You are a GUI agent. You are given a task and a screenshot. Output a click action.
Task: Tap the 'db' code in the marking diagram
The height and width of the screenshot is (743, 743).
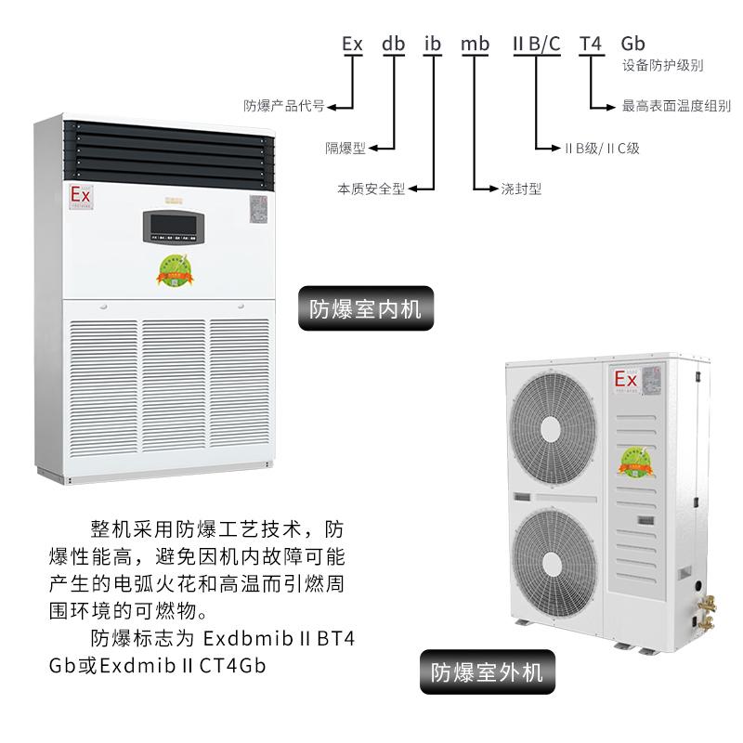[x=394, y=43]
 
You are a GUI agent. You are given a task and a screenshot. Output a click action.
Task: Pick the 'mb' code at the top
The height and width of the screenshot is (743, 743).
[x=475, y=43]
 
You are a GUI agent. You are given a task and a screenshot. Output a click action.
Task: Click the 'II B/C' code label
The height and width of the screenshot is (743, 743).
[x=537, y=43]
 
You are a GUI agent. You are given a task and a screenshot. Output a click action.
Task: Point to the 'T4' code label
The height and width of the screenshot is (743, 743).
[x=592, y=43]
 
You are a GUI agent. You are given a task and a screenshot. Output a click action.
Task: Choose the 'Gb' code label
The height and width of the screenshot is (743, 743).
[x=632, y=43]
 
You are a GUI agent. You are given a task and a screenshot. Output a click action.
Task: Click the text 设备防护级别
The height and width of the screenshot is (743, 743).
[x=661, y=66]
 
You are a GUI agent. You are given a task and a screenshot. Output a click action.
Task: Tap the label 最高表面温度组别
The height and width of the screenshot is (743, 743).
[x=676, y=107]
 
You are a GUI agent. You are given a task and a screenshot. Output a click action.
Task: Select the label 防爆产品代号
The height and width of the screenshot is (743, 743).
[x=283, y=106]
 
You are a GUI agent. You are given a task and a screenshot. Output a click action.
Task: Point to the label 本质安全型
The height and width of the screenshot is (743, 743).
[x=371, y=188]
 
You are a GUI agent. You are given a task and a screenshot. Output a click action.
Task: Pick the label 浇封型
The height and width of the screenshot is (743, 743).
[x=522, y=188]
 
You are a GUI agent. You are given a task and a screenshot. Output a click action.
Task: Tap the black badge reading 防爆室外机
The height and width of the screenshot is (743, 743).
[x=480, y=670]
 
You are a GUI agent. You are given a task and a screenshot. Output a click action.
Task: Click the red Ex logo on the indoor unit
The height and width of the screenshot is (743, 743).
[x=81, y=195]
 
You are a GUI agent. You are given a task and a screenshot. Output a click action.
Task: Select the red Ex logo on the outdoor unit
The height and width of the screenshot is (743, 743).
[x=625, y=379]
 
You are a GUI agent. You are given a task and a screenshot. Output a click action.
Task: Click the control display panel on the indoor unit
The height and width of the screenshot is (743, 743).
[x=173, y=224]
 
